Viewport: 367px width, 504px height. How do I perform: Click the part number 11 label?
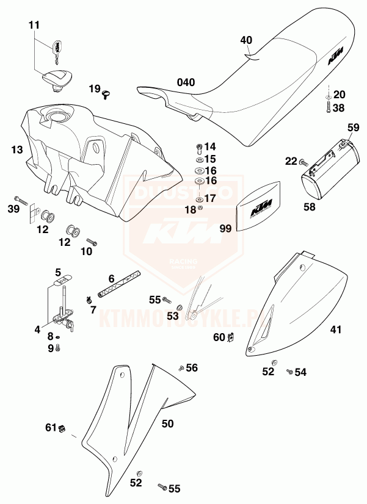point(34,25)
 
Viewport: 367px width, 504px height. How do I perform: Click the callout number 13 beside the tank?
point(17,148)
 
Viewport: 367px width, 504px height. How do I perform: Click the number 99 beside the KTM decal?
point(226,228)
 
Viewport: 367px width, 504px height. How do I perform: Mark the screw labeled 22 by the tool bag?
point(302,162)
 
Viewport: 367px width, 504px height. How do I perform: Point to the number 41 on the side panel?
point(335,330)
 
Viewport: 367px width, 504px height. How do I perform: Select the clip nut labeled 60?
point(231,337)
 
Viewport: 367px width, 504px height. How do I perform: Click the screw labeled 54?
point(289,371)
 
